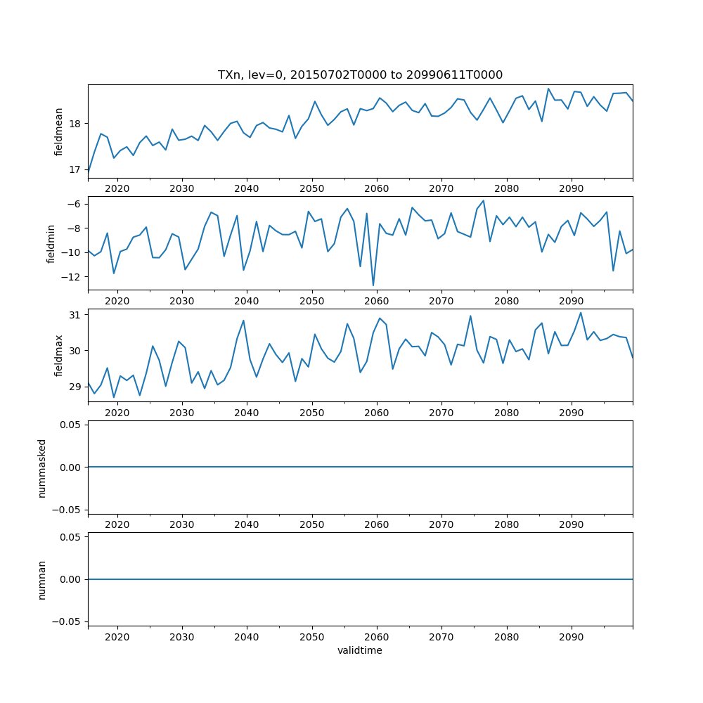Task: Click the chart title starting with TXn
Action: pos(360,75)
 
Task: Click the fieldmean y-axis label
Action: pos(59,131)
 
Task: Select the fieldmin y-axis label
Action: pos(51,243)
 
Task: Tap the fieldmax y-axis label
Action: pos(59,356)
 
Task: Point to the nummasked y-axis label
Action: pos(42,468)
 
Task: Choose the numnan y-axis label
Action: pos(42,579)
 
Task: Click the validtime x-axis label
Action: pos(360,651)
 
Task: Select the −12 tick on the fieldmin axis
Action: pos(72,277)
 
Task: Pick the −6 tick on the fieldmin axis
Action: pos(75,204)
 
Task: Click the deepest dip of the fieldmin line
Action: pos(373,285)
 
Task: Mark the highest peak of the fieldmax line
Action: pos(581,313)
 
